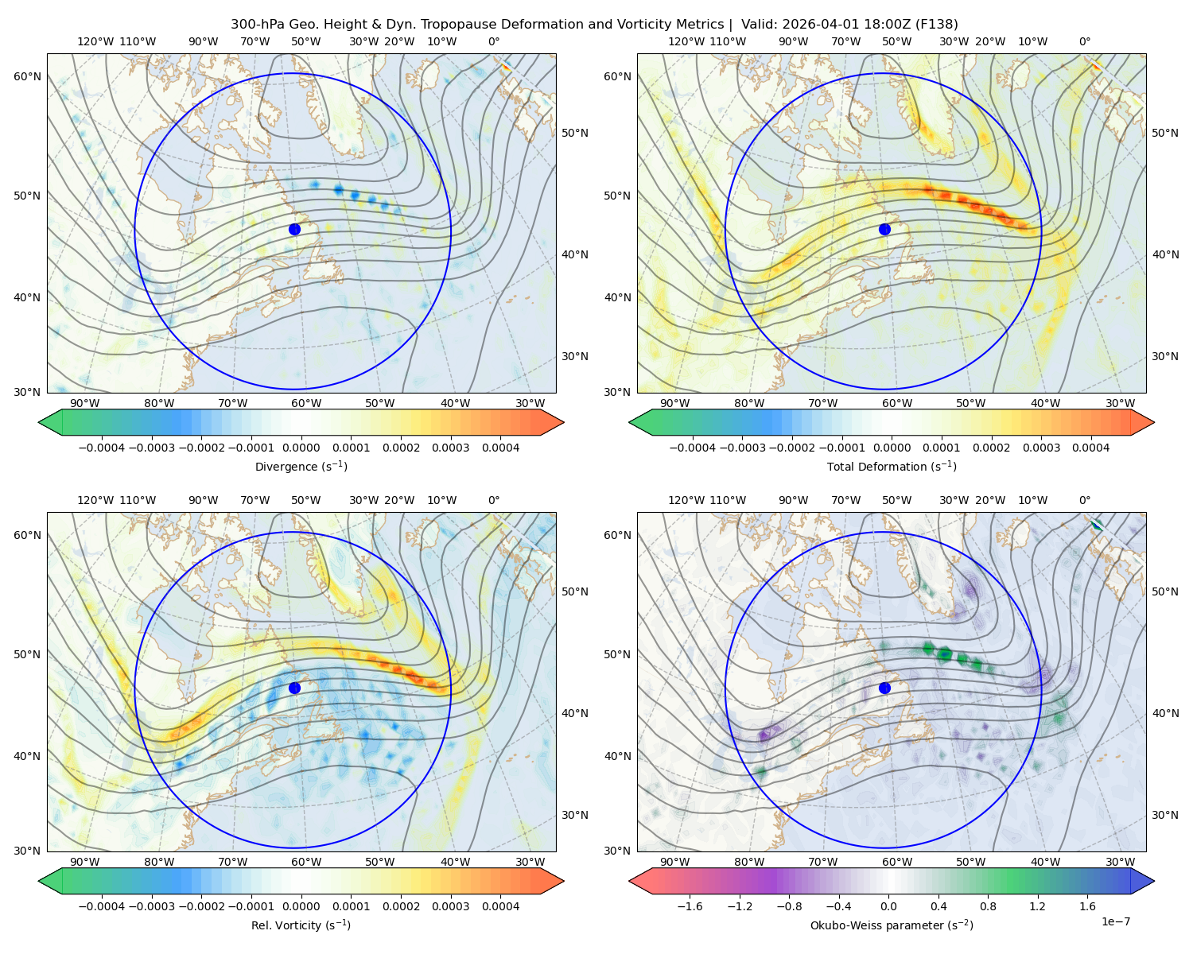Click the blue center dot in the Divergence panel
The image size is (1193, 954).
tap(294, 230)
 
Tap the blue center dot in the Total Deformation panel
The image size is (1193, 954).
tap(884, 230)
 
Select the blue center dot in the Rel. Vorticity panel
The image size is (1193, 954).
tap(294, 688)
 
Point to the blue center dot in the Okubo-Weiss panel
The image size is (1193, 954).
tap(884, 688)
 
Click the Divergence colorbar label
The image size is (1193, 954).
tap(301, 467)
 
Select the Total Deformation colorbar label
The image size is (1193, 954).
tap(892, 467)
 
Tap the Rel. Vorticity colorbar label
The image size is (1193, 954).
tap(301, 925)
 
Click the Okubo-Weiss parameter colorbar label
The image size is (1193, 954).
tap(892, 925)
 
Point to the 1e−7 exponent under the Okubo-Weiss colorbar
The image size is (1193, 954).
tap(1115, 922)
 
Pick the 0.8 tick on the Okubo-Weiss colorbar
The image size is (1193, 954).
tap(988, 906)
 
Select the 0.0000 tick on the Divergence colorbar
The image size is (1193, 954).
tap(301, 448)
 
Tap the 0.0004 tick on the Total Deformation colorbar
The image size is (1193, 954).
tap(1091, 448)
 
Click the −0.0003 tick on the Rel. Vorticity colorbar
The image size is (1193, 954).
tap(151, 906)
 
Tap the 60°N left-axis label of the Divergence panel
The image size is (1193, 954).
tap(27, 76)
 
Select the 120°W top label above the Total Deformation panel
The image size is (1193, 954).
tap(686, 41)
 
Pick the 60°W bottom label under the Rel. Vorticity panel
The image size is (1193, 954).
tap(306, 862)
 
